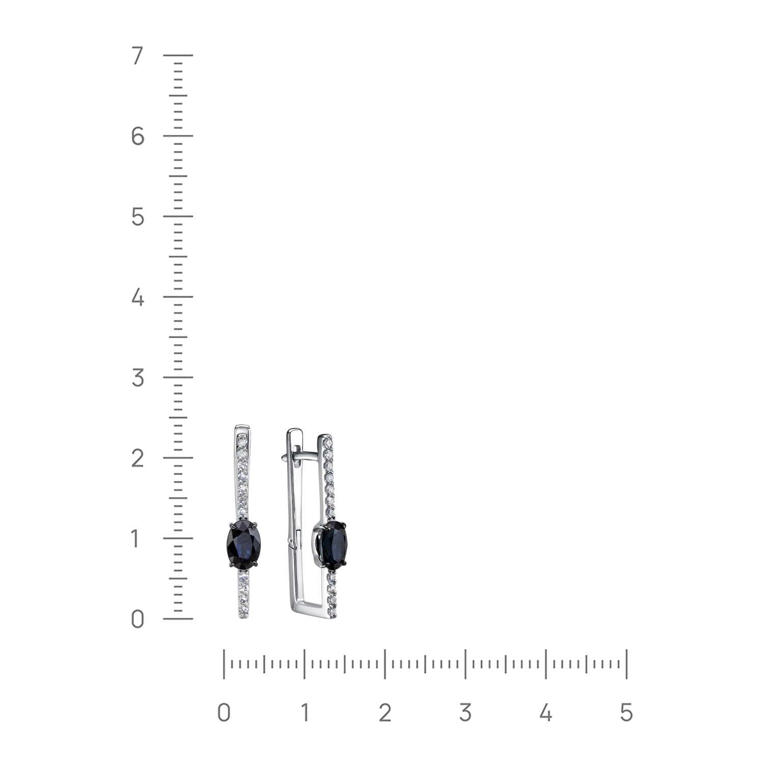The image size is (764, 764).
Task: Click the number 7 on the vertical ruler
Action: [138, 56]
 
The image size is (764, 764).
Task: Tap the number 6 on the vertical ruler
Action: [138, 136]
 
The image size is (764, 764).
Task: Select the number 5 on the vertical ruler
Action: [138, 217]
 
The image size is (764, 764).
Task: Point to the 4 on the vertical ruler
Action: [138, 297]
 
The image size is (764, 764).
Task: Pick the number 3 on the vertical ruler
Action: [138, 378]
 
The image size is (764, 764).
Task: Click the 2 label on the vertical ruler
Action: [138, 458]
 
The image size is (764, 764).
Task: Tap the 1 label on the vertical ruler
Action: [135, 539]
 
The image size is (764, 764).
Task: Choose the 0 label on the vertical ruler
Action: [138, 619]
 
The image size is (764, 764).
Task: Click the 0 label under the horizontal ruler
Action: [224, 713]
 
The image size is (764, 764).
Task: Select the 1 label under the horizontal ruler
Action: [305, 713]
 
